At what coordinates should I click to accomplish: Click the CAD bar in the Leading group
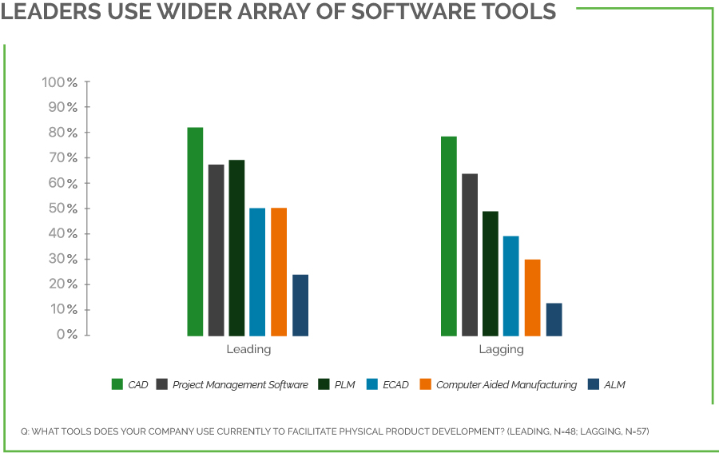[195, 232]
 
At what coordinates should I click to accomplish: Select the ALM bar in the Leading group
[300, 305]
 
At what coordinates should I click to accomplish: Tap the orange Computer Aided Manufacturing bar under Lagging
[532, 297]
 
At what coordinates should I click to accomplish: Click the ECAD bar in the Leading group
[257, 272]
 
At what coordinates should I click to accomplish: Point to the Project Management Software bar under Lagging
[470, 254]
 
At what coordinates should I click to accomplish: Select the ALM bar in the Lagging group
[554, 319]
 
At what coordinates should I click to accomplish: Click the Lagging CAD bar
[449, 236]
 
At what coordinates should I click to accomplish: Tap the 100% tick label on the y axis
[60, 82]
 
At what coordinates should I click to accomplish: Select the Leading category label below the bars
[248, 349]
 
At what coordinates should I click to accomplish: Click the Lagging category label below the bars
[501, 349]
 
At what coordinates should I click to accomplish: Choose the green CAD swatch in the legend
[117, 384]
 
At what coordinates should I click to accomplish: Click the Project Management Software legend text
[240, 385]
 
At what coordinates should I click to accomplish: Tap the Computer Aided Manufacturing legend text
[506, 385]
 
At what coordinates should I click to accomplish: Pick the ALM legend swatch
[593, 384]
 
